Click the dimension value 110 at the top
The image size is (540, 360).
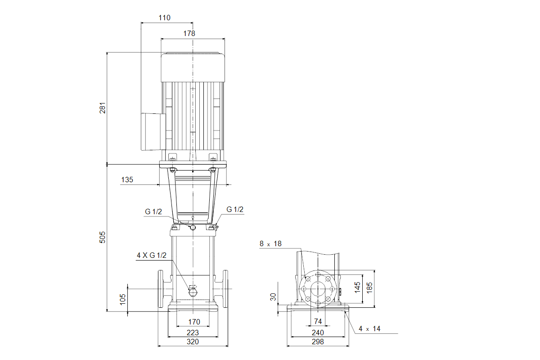(x=165, y=18)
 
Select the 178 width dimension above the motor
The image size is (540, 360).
(x=189, y=33)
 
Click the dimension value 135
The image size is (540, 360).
(x=127, y=180)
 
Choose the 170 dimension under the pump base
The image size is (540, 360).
(x=194, y=322)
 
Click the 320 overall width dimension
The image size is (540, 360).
(x=192, y=342)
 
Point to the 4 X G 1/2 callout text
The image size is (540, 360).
(x=152, y=256)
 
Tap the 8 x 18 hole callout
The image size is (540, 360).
(x=270, y=243)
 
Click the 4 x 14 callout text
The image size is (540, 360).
(x=369, y=329)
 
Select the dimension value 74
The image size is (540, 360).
(x=318, y=321)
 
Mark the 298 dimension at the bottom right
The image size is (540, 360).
(x=318, y=342)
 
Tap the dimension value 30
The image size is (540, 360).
(x=273, y=297)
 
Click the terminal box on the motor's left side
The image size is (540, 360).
(x=153, y=131)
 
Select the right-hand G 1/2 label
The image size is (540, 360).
(x=234, y=209)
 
